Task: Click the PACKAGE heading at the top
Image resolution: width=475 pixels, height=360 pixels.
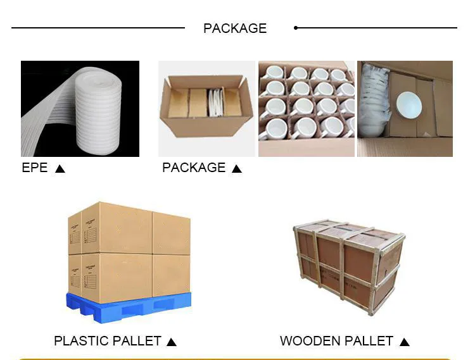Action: [234, 28]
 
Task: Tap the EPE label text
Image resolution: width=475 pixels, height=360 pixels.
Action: [35, 168]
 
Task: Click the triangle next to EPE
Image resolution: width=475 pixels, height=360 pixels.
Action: [60, 169]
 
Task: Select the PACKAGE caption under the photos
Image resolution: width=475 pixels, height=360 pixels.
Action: [194, 168]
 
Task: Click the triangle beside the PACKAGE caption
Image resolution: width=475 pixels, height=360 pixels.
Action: [237, 169]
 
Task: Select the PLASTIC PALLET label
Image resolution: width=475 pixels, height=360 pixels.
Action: [108, 341]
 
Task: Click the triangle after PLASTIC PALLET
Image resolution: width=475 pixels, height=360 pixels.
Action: [171, 342]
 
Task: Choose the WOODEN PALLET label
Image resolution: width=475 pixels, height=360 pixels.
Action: [336, 341]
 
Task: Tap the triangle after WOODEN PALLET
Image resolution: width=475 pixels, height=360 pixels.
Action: [405, 342]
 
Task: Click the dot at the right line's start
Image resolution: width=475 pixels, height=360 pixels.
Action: [296, 28]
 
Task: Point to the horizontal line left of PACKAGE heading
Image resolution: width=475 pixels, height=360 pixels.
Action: [98, 28]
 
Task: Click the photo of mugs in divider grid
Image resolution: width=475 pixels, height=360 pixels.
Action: [307, 108]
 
